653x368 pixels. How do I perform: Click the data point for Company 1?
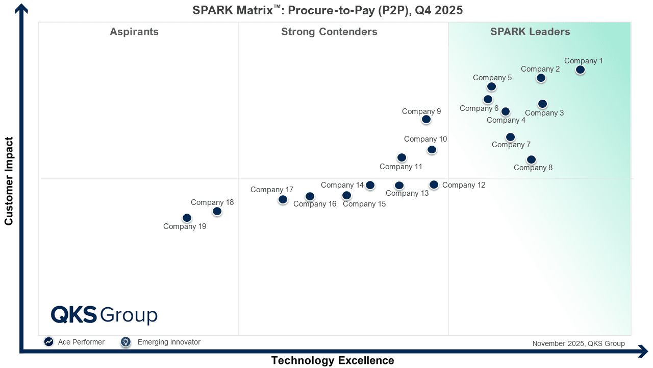[580, 70]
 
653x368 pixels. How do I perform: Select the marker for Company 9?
[426, 119]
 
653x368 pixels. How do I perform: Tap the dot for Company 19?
[187, 218]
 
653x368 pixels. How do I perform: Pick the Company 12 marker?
[434, 185]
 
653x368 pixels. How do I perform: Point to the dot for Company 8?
[531, 159]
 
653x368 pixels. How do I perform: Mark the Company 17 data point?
[283, 199]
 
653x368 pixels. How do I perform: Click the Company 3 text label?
[544, 113]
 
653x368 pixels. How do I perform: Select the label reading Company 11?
[401, 167]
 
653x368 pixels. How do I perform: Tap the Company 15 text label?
[364, 204]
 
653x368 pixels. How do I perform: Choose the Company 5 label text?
[492, 78]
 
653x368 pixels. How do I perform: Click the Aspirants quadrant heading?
[134, 32]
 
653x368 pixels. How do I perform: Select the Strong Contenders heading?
[329, 32]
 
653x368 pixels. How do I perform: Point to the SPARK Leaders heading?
[530, 32]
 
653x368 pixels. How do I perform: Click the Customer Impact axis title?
[9, 180]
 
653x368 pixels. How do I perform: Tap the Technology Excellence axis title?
[333, 360]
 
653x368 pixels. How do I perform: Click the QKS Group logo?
[104, 315]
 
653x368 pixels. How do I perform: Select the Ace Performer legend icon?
[49, 342]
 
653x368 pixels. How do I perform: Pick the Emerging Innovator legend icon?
[125, 342]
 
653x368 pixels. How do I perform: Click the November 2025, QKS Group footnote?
[579, 343]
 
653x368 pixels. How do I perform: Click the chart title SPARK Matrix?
[328, 10]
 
